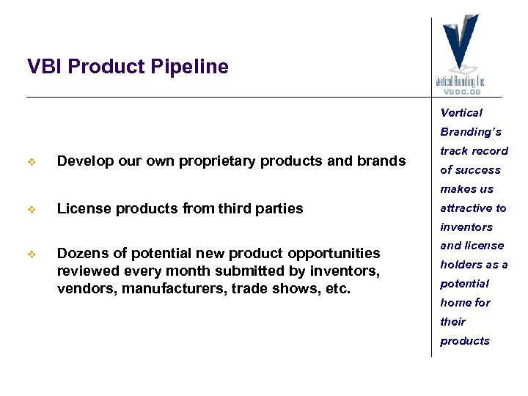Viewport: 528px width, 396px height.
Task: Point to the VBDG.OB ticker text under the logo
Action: coord(461,92)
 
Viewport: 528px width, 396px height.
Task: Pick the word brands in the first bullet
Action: coord(380,161)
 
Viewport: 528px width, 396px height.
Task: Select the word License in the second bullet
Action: coord(83,208)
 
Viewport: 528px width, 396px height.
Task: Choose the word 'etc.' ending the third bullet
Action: coord(337,288)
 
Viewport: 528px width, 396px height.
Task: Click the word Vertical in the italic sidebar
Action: coord(461,113)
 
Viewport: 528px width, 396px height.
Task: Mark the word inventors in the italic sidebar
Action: coord(466,227)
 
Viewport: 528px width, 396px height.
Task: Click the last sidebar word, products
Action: coord(465,341)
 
